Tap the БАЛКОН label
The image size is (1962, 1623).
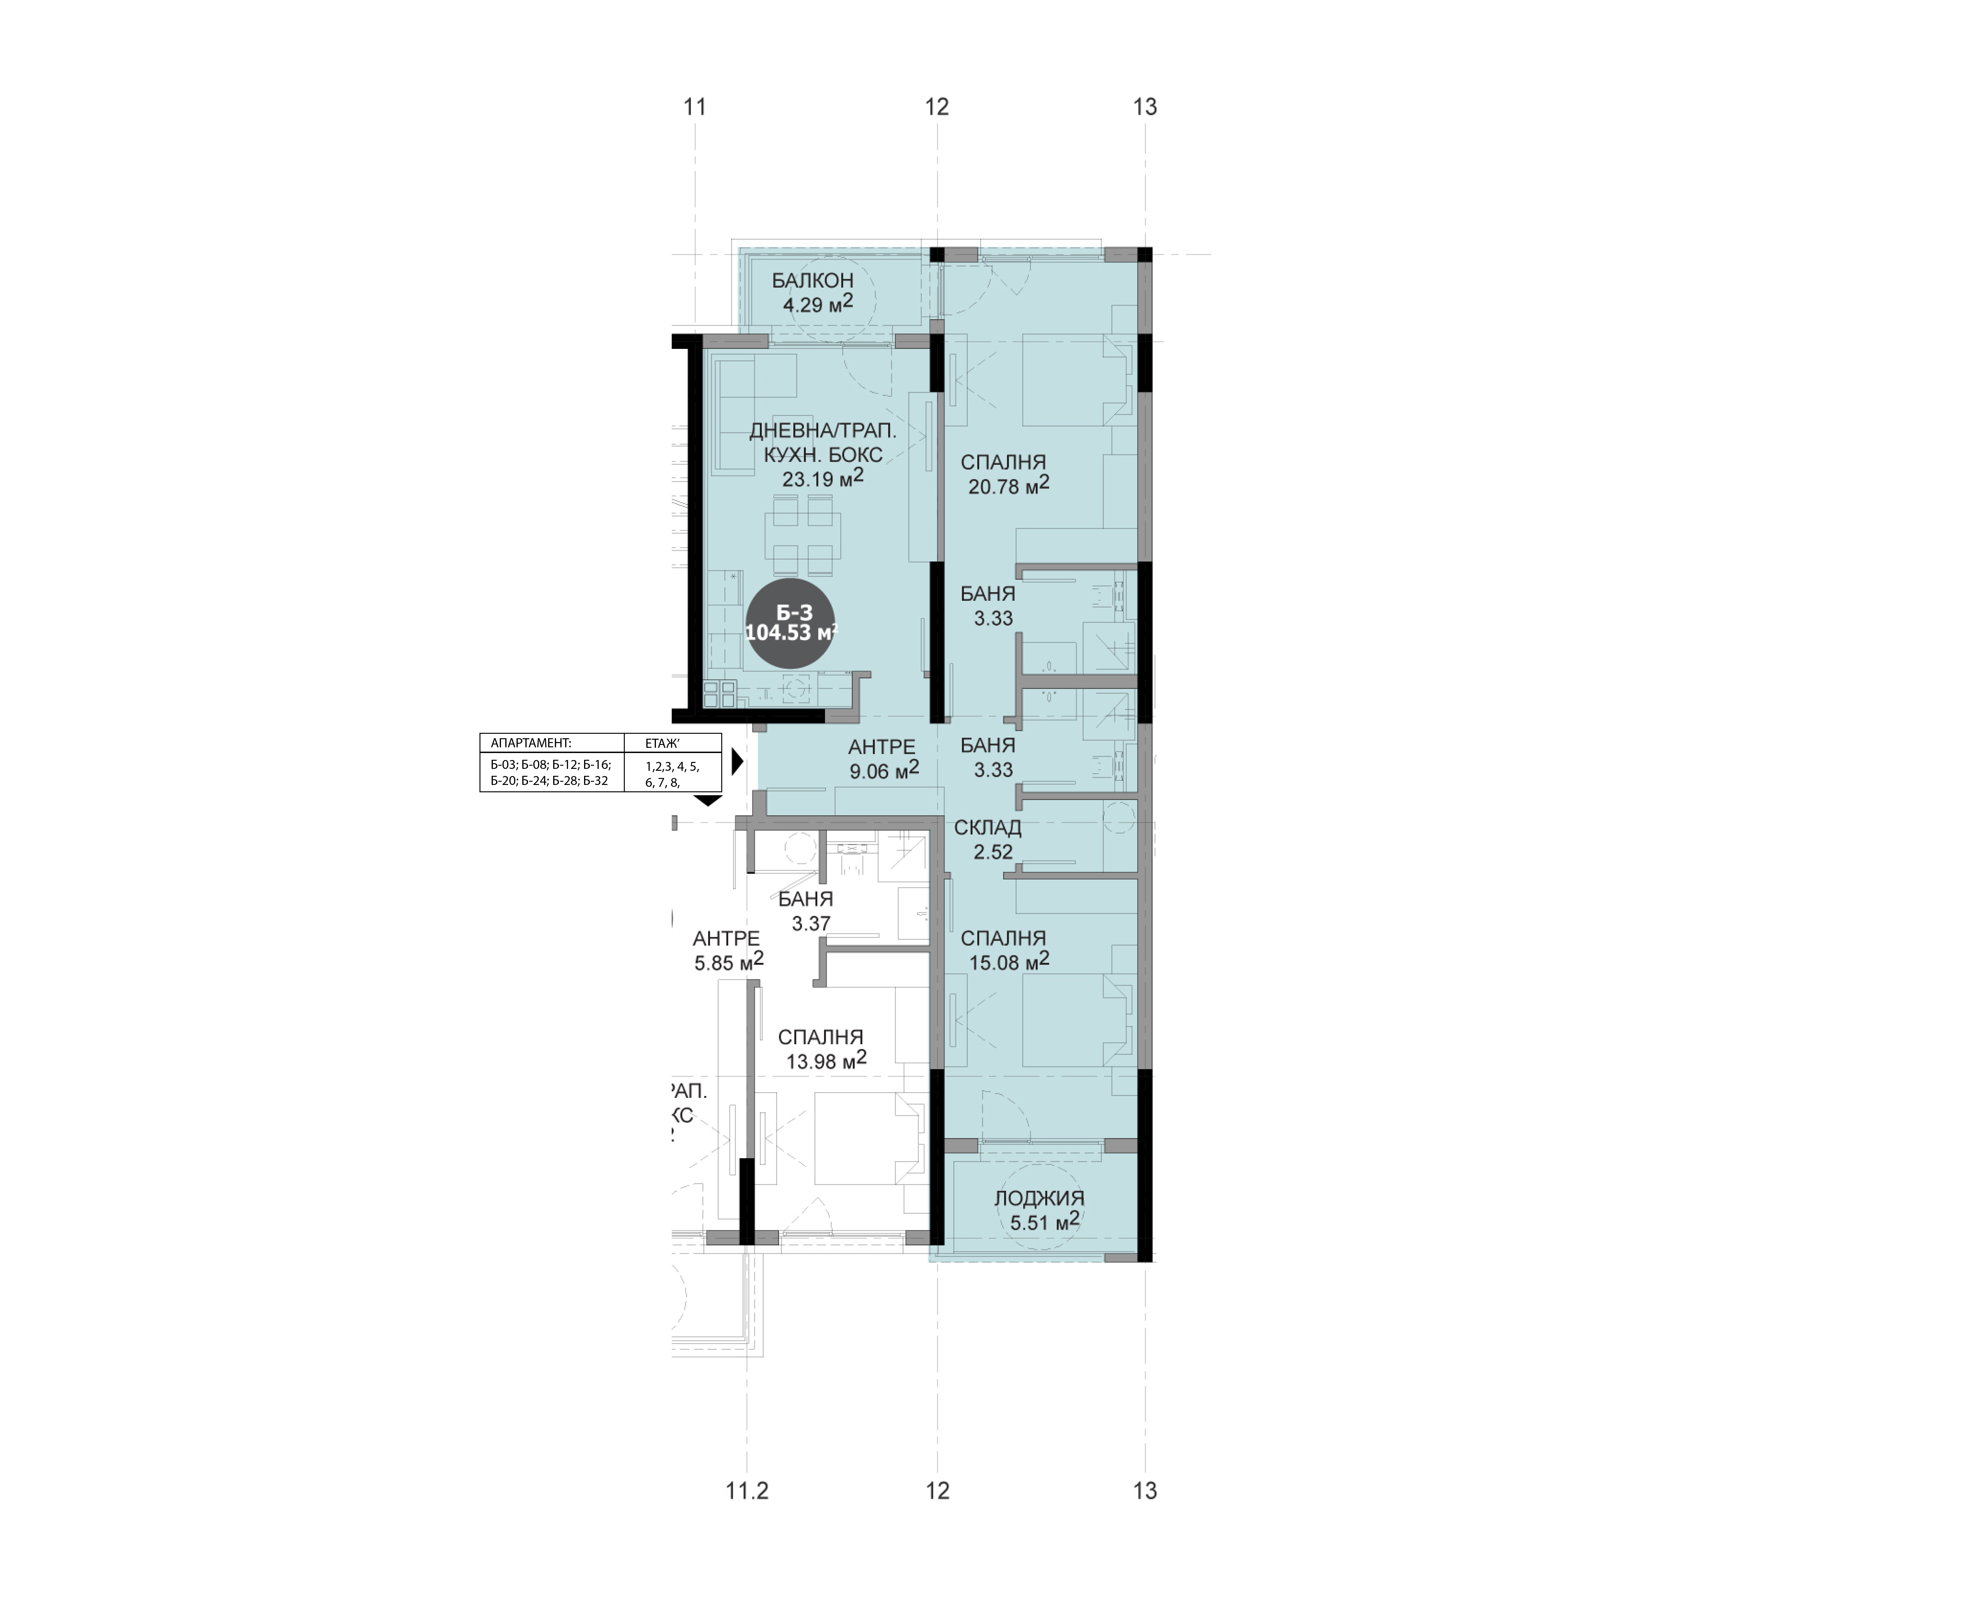[812, 280]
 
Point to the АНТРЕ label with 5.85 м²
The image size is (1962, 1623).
[726, 938]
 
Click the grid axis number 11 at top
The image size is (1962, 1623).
[694, 108]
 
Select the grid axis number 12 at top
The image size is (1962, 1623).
[937, 108]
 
